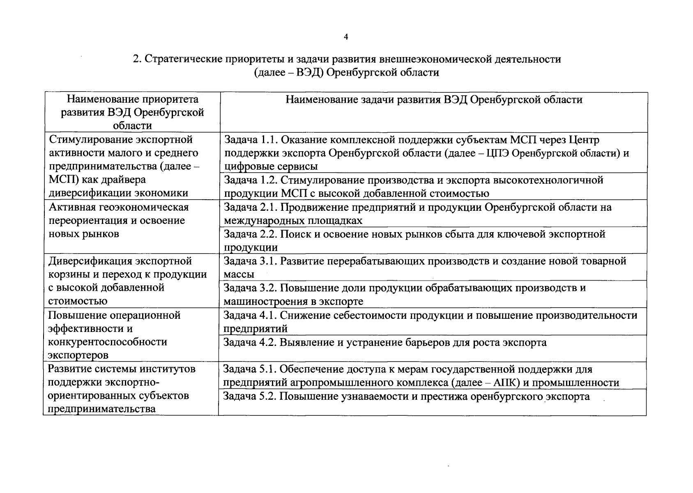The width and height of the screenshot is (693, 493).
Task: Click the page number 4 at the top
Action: [x=345, y=37]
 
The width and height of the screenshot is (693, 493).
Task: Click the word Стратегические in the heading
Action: [x=184, y=59]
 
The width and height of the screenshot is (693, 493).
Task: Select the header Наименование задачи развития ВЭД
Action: [x=434, y=100]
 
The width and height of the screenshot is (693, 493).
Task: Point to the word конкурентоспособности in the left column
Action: [x=108, y=342]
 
